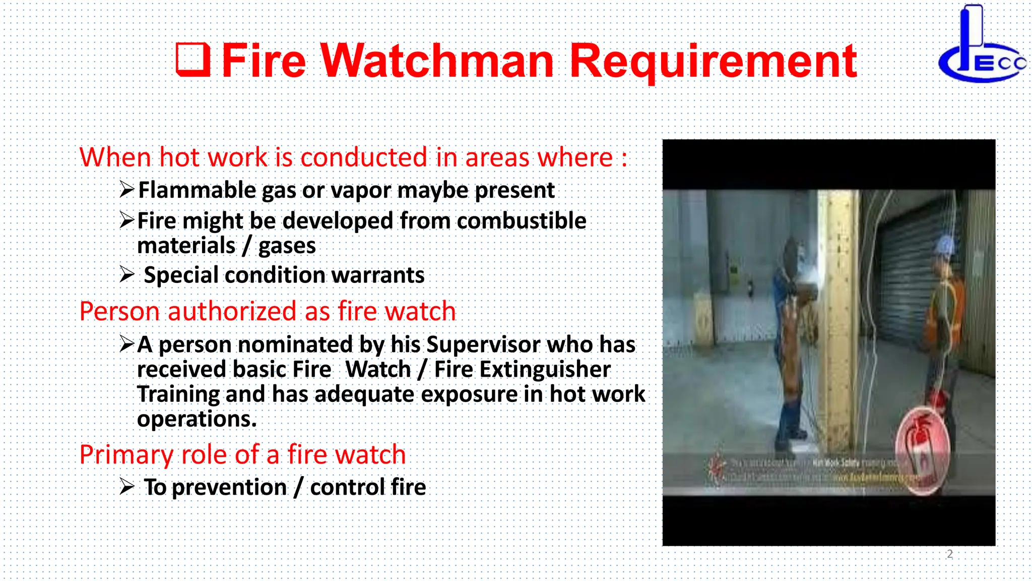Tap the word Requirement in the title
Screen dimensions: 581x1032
(713, 62)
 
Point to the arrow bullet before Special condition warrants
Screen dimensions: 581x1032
(127, 275)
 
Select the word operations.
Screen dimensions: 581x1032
(197, 419)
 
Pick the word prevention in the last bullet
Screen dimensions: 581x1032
(229, 487)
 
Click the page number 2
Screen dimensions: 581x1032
(949, 554)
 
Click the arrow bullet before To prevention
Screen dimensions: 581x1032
(127, 487)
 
